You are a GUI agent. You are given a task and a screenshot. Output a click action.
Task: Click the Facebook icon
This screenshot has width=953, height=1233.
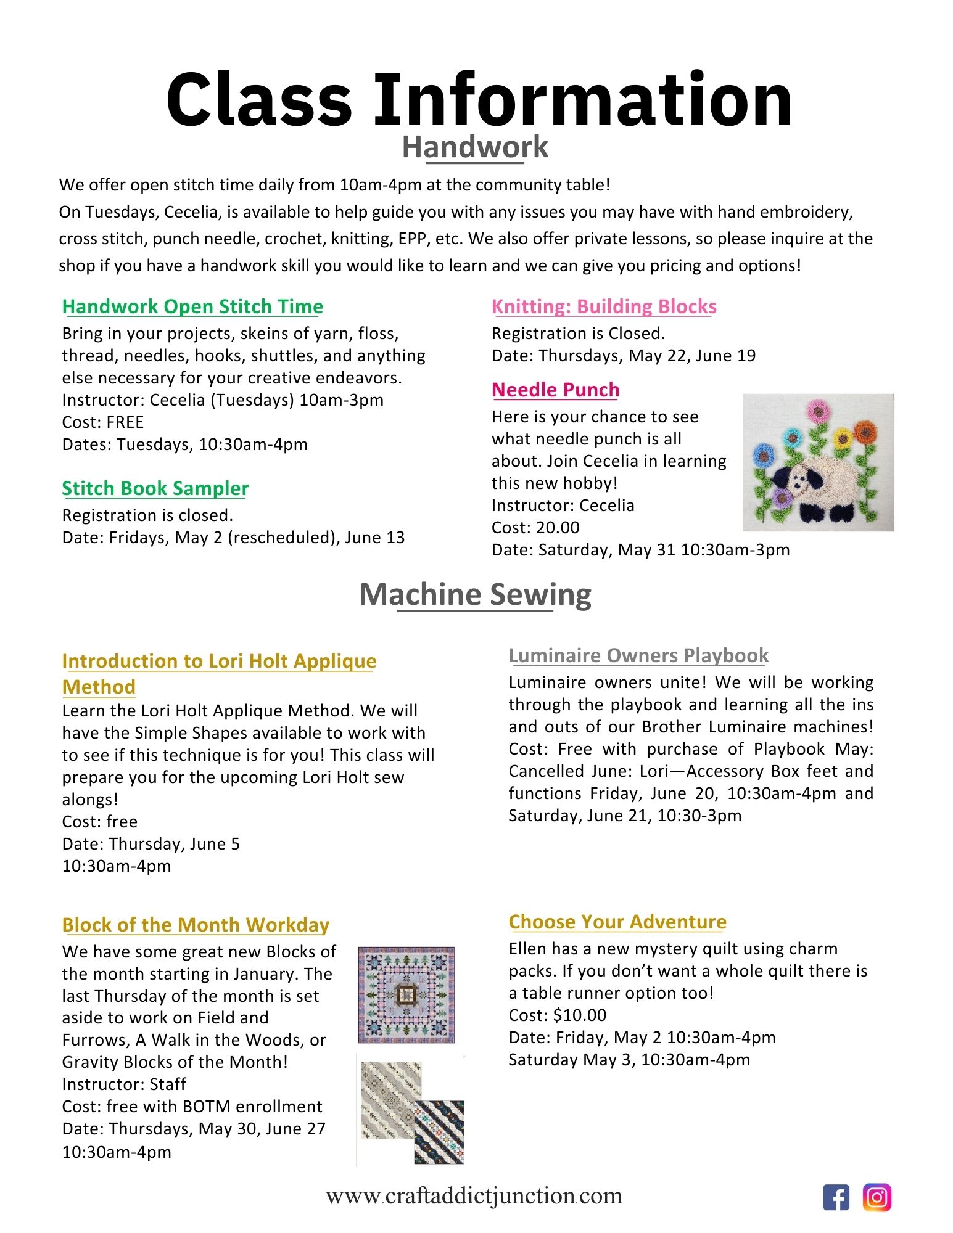836,1197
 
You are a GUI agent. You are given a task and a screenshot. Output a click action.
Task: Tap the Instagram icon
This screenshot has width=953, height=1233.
877,1197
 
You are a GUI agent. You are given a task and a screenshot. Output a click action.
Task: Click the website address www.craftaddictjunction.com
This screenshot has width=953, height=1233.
474,1196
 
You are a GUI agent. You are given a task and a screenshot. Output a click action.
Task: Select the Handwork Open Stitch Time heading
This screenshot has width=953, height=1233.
192,306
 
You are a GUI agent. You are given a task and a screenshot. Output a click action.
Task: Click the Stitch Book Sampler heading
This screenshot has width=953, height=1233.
155,488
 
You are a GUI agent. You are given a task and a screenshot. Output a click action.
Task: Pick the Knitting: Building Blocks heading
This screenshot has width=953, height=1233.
604,306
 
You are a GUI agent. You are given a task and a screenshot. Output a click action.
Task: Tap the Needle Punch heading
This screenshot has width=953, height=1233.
555,390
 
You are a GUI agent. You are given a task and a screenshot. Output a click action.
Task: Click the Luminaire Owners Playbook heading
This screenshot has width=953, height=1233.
638,655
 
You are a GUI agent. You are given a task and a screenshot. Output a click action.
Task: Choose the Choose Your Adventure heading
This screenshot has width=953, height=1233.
617,922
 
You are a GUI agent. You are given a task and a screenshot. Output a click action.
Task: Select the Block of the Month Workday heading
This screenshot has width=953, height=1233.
196,925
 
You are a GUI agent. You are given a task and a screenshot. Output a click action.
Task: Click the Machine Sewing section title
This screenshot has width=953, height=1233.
475,594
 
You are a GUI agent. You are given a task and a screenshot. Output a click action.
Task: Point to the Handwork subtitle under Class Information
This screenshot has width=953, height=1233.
475,147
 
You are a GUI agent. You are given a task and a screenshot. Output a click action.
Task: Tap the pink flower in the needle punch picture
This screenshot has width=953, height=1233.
818,409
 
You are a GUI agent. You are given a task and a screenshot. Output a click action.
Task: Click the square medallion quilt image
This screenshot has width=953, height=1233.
406,994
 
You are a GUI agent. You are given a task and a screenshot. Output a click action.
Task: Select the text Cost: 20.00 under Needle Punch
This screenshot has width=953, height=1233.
535,528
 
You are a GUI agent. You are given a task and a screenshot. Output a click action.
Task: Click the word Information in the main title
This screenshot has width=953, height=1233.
583,100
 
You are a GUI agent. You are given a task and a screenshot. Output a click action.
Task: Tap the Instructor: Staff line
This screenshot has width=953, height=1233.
124,1084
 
